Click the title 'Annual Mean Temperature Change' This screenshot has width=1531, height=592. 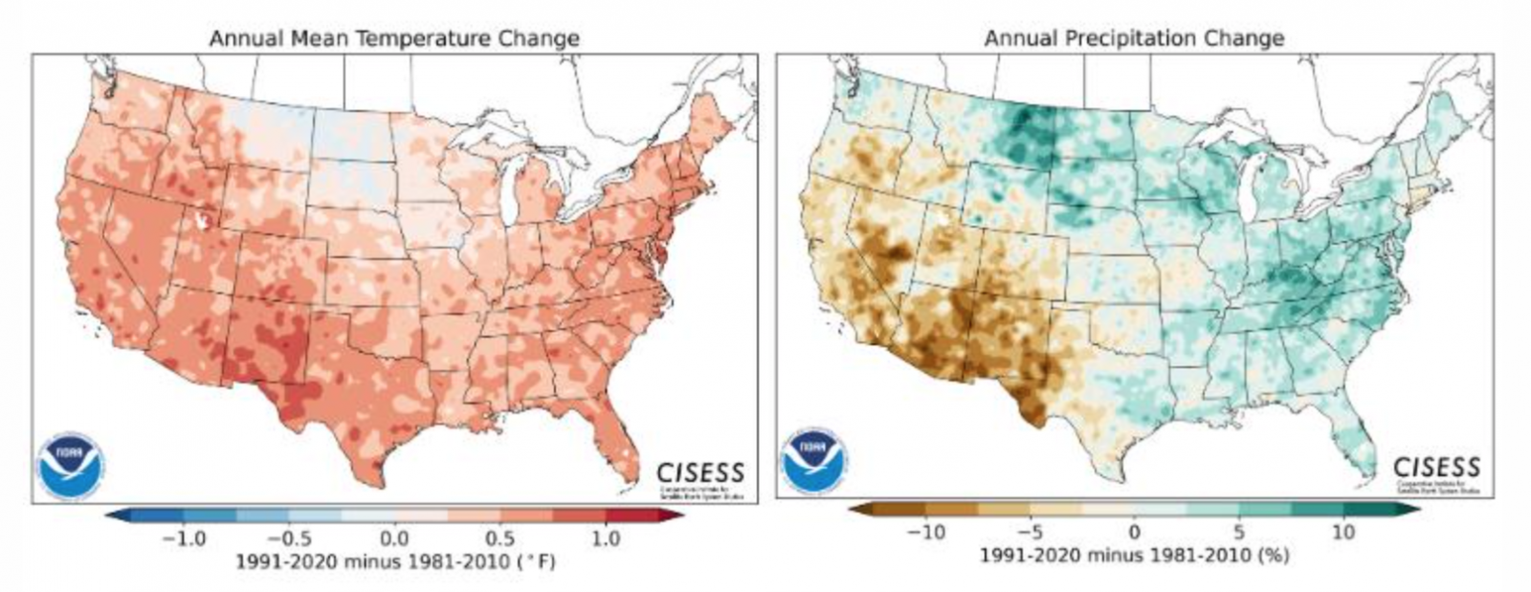click(394, 39)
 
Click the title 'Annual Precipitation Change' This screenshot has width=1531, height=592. click(1134, 39)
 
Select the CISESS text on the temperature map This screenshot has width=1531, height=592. click(700, 472)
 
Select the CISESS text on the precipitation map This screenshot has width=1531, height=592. click(1436, 468)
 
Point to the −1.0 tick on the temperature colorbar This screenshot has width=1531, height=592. click(184, 538)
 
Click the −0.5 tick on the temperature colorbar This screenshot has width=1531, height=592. click(289, 538)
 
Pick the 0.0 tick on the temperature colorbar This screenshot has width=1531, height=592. click(394, 538)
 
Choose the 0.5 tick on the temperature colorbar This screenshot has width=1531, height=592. click(499, 538)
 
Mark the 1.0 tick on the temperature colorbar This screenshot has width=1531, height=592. click(605, 538)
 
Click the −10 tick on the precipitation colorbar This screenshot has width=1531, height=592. click(925, 532)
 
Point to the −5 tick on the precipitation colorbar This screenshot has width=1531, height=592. click(1031, 532)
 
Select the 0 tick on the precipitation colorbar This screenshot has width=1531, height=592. click(1135, 532)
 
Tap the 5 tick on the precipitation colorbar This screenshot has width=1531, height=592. click(1240, 532)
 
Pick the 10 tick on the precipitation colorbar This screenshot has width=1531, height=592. click(1344, 532)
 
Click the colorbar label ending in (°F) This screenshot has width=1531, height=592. click(394, 562)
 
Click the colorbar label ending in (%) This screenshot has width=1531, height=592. click(1135, 555)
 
